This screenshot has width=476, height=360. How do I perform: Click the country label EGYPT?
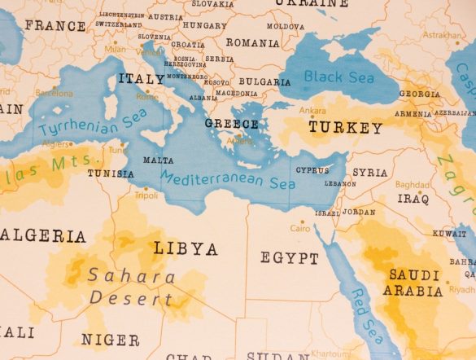click(290, 258)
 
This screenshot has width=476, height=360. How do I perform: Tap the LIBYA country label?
click(186, 248)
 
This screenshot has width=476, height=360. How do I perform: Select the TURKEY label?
click(345, 128)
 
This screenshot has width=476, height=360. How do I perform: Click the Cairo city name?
click(300, 229)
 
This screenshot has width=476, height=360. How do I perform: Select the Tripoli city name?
click(146, 195)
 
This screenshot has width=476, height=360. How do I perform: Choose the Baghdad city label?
click(413, 185)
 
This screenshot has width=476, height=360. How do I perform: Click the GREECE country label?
click(231, 125)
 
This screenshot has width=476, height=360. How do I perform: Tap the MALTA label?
click(158, 160)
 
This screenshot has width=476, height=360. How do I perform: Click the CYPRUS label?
click(313, 170)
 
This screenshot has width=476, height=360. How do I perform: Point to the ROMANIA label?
click(252, 42)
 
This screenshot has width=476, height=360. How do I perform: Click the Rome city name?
click(147, 96)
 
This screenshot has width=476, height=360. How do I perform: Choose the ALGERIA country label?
click(43, 236)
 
